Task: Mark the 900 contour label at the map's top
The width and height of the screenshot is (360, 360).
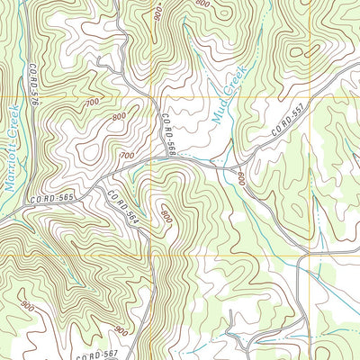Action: coord(157,13)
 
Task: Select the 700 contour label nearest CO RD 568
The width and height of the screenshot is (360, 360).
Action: coord(126,156)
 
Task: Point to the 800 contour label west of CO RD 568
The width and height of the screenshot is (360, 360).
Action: coord(118,118)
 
